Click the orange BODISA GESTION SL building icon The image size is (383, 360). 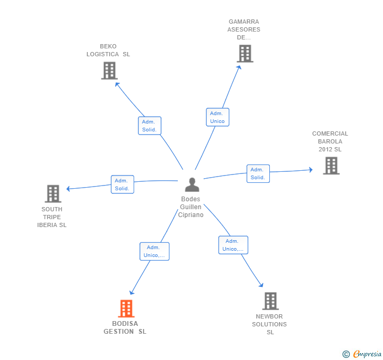click(x=126, y=308)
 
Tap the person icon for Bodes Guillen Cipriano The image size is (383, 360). click(x=192, y=184)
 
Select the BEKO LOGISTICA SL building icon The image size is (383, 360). click(x=109, y=71)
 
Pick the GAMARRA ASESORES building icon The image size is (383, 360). click(x=245, y=54)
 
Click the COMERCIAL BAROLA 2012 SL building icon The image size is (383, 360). click(x=331, y=166)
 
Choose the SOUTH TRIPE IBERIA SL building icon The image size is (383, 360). click(x=53, y=194)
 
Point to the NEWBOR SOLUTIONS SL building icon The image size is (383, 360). click(x=270, y=301)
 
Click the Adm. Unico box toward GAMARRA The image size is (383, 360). click(x=217, y=117)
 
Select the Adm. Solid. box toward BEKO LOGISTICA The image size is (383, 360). click(x=149, y=126)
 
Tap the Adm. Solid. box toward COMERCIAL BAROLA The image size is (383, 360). click(x=258, y=173)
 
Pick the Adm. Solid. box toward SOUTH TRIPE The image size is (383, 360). click(x=123, y=184)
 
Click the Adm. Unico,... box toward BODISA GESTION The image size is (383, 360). click(x=154, y=251)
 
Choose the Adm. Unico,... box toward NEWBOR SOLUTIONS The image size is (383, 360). click(x=233, y=245)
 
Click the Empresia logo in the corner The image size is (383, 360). click(x=362, y=354)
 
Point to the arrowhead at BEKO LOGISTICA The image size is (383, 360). click(x=117, y=85)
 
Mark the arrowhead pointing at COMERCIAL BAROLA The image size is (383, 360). click(x=311, y=170)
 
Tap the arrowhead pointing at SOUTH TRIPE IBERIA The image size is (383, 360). click(x=68, y=189)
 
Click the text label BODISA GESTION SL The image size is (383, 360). click(x=125, y=327)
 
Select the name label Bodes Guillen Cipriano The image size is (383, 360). click(x=191, y=207)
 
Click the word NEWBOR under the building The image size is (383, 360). click(x=269, y=316)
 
